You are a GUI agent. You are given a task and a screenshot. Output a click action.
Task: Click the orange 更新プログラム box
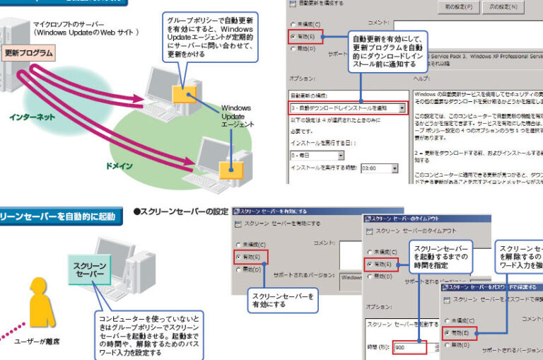click(29, 53)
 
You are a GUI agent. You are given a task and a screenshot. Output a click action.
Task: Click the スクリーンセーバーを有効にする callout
click(282, 301)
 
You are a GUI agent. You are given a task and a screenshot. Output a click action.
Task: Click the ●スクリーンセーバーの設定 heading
click(180, 212)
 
